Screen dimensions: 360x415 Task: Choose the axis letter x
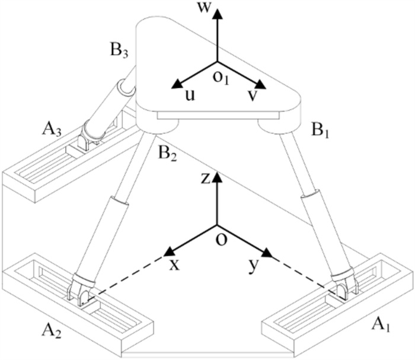[174, 265]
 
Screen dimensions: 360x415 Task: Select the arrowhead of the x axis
[170, 250]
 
